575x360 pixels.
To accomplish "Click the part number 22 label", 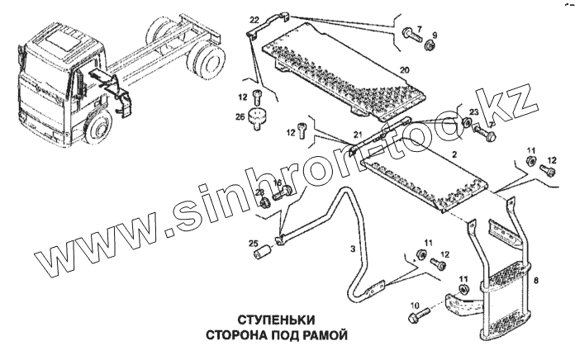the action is coord(254,18).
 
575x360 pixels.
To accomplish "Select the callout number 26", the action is coord(240,117).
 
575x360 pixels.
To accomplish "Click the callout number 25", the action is coord(254,243).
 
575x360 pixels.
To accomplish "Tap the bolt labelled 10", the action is coord(417,315).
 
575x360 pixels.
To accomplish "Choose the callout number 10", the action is coord(413,302).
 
